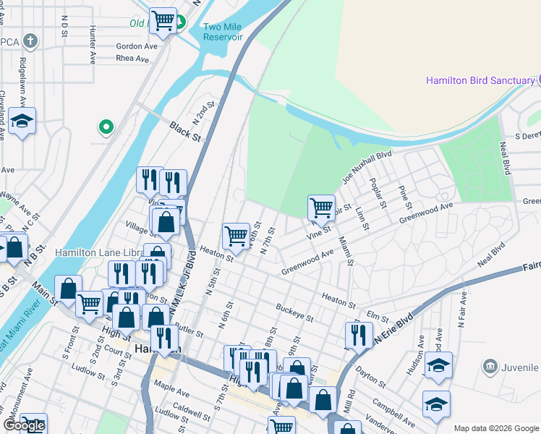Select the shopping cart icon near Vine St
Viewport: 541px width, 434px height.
[x=321, y=208]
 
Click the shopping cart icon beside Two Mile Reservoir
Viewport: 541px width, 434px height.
[x=163, y=21]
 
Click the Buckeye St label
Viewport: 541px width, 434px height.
[x=294, y=312]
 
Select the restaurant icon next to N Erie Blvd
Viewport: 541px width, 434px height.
[x=359, y=334]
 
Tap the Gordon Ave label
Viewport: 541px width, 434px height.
[x=137, y=46]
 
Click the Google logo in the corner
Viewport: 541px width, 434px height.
[x=24, y=425]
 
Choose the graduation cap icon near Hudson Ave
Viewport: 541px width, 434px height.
[x=438, y=364]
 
